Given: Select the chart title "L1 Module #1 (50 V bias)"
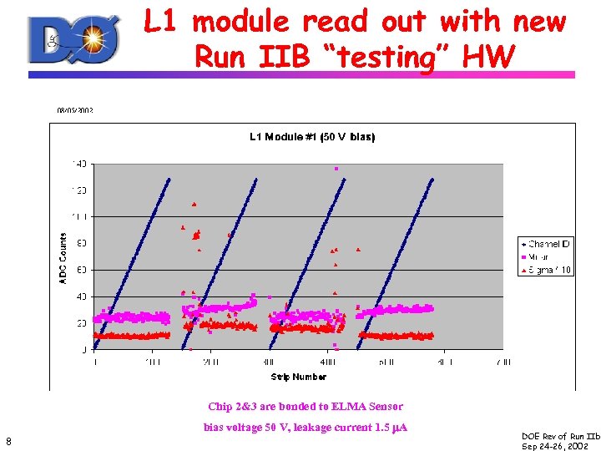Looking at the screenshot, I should click(312, 137).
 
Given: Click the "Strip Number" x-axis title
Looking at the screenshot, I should click(298, 378).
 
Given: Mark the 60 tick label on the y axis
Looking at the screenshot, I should click(81, 270).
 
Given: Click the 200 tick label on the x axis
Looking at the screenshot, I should click(210, 362).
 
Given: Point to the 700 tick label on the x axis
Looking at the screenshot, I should click(503, 362).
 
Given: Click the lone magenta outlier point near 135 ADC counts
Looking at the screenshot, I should click(336, 169).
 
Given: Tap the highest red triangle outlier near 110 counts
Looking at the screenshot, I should click(194, 204).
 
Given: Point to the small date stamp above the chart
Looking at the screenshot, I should click(74, 109).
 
